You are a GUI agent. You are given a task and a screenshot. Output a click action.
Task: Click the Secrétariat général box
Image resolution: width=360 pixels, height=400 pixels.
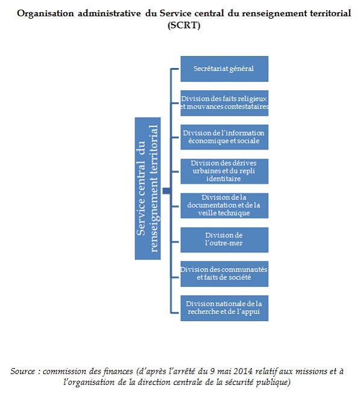pyautogui.click(x=224, y=69)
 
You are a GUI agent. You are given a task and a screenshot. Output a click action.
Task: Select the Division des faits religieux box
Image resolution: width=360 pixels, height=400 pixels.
pyautogui.click(x=224, y=103)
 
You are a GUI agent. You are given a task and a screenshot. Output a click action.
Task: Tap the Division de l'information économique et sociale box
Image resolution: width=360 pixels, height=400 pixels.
pyautogui.click(x=224, y=137)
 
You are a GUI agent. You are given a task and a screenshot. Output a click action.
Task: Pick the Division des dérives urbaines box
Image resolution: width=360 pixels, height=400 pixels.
pyautogui.click(x=224, y=172)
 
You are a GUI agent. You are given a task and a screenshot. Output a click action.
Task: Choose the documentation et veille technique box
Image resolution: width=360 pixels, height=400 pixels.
pyautogui.click(x=224, y=205)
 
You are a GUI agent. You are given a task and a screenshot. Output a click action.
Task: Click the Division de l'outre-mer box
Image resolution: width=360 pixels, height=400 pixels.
pyautogui.click(x=224, y=240)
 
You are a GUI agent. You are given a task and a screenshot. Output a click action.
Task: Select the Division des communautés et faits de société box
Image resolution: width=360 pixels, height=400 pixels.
pyautogui.click(x=224, y=273)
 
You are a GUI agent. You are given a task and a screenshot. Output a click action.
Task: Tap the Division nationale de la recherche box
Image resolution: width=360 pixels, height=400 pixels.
pyautogui.click(x=224, y=308)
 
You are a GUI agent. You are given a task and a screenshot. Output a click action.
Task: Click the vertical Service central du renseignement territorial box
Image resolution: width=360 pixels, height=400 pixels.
pyautogui.click(x=148, y=189)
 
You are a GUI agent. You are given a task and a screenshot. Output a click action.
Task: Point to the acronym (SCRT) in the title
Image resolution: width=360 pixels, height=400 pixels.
pyautogui.click(x=184, y=25)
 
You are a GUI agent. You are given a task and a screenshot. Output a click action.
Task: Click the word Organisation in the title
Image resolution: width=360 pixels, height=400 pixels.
pyautogui.click(x=45, y=13)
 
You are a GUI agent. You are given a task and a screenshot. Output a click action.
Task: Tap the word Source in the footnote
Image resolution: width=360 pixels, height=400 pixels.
pyautogui.click(x=22, y=371)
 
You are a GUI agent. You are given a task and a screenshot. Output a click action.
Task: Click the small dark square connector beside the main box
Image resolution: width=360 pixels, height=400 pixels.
pyautogui.click(x=166, y=190)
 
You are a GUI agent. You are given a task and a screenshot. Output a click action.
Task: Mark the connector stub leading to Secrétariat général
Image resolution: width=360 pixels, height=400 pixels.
pyautogui.click(x=175, y=69)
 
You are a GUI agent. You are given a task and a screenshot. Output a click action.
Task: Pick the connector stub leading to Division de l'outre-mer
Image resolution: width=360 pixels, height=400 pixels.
pyautogui.click(x=175, y=242)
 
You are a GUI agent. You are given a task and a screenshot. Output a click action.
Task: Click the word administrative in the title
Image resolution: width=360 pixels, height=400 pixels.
pyautogui.click(x=109, y=13)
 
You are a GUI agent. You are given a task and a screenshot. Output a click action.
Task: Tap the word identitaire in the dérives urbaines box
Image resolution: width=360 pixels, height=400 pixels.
pyautogui.click(x=224, y=179)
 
